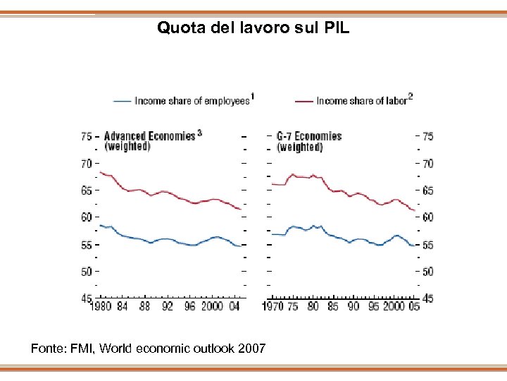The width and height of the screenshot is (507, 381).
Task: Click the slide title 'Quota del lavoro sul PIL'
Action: pyautogui.click(x=254, y=28)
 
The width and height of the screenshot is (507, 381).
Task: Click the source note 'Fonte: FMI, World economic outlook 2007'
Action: pyautogui.click(x=148, y=348)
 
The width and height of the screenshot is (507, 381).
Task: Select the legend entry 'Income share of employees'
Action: pyautogui.click(x=192, y=101)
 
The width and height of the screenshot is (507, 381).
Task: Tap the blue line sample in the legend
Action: pyautogui.click(x=122, y=101)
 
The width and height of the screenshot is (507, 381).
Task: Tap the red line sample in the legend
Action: pyautogui.click(x=303, y=101)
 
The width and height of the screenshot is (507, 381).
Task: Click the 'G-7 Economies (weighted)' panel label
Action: pyautogui.click(x=308, y=141)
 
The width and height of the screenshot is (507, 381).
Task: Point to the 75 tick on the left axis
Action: pyautogui.click(x=86, y=136)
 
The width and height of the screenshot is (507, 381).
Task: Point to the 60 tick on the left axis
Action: pyautogui.click(x=86, y=217)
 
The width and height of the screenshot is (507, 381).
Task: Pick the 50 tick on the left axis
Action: pyautogui.click(x=86, y=272)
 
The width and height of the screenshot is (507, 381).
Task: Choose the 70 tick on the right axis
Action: pyautogui.click(x=427, y=164)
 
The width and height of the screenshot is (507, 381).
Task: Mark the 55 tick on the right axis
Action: pyautogui.click(x=427, y=245)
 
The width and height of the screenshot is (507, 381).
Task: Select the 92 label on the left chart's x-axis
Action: pyautogui.click(x=167, y=306)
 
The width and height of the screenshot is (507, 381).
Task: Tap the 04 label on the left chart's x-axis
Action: pyautogui.click(x=234, y=306)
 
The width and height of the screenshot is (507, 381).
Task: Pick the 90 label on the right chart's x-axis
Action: pyautogui.click(x=353, y=306)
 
